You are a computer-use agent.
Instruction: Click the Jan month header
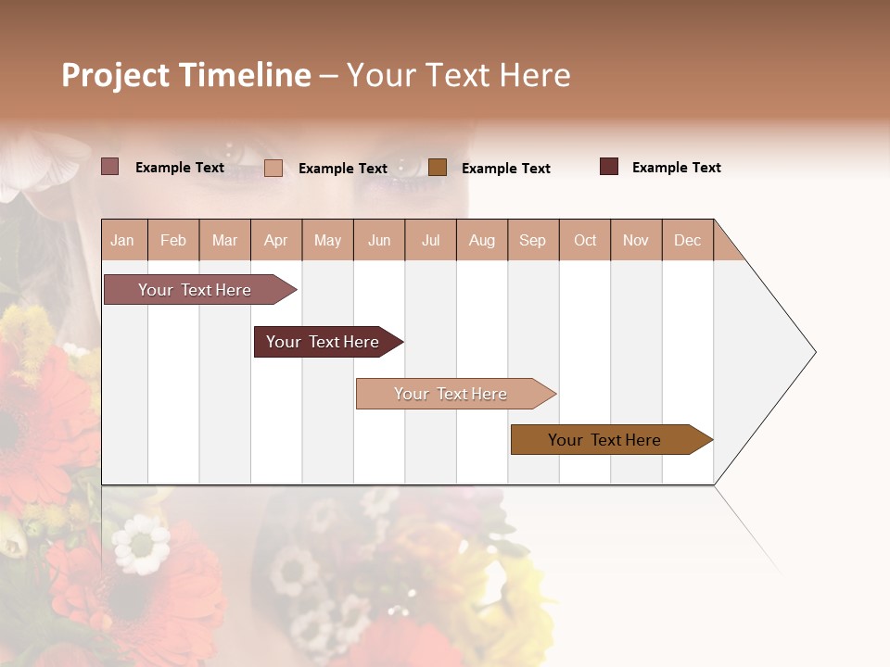pos(122,240)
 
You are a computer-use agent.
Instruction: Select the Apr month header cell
pos(275,240)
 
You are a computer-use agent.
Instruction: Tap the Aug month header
pos(481,240)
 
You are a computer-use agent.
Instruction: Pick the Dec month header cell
pos(687,240)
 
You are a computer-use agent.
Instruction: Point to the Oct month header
pos(585,240)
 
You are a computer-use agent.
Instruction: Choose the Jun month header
pos(379,240)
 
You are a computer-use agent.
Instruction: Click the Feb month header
pos(173,240)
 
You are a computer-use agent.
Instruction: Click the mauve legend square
pos(110,167)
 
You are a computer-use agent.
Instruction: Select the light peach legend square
pos(273,168)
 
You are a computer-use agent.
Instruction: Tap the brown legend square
pos(438,167)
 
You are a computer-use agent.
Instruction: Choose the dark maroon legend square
pos(609,167)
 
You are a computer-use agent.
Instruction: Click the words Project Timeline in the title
pos(186,75)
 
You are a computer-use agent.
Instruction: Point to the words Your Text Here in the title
pos(458,75)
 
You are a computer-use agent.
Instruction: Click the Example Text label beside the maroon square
pos(676,168)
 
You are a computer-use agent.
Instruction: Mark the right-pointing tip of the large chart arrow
pos(813,352)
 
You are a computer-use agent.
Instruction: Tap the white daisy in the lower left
pos(141,544)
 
